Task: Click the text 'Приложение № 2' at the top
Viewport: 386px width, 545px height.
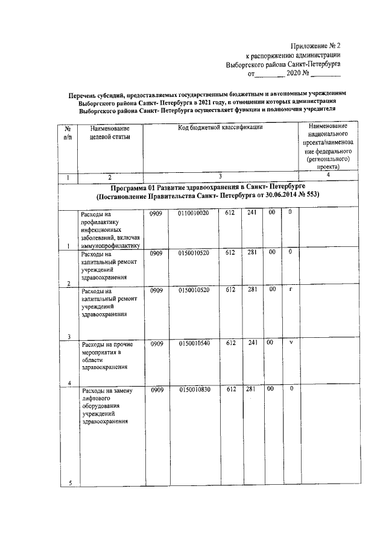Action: point(315,45)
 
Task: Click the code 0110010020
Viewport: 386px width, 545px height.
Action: point(194,213)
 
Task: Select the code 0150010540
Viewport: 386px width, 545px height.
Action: point(194,343)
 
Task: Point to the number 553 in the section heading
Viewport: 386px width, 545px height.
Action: point(310,196)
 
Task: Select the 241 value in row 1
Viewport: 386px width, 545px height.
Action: point(252,213)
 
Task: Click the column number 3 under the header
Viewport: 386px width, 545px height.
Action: point(220,176)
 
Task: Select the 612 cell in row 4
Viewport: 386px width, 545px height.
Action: point(230,343)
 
